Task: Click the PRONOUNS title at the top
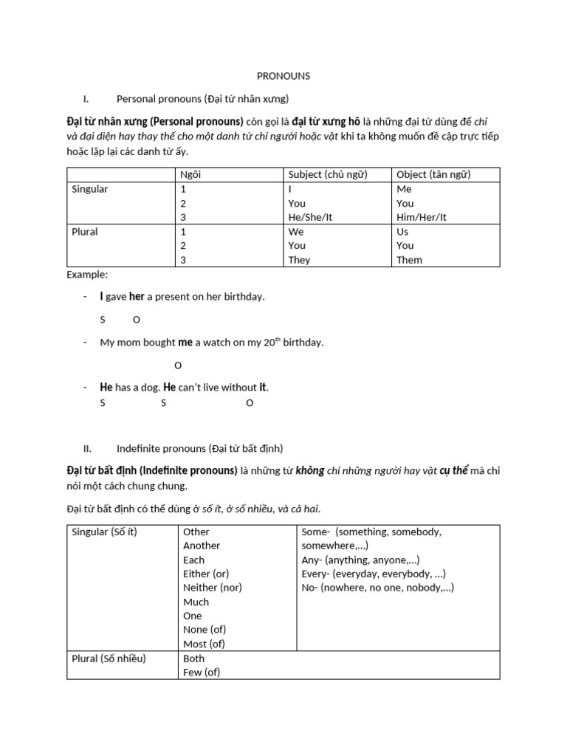point(283,75)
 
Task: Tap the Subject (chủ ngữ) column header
point(328,174)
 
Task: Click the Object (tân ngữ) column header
point(433,174)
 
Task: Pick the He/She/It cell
point(315,217)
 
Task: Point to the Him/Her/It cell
point(422,217)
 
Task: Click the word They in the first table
point(299,260)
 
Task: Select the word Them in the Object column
point(410,260)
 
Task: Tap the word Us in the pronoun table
point(402,231)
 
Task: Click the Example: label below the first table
point(87,274)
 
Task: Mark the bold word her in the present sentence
point(137,296)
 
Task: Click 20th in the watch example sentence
point(272,343)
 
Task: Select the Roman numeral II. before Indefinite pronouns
point(88,448)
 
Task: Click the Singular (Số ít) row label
point(104,532)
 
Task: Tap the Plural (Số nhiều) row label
point(109,659)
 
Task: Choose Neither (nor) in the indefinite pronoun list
point(213,588)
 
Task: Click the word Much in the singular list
point(196,602)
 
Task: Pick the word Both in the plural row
point(194,659)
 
